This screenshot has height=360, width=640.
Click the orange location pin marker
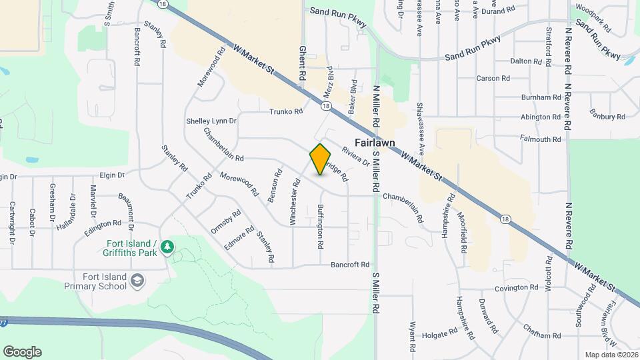[x=321, y=159]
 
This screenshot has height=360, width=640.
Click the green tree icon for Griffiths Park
[x=168, y=247]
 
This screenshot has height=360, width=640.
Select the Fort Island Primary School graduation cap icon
[x=137, y=281]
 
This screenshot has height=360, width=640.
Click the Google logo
[x=22, y=352]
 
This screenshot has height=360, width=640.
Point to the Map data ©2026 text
[x=611, y=354]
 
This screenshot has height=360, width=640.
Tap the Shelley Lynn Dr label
[x=211, y=121]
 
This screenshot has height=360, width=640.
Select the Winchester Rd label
[x=295, y=201]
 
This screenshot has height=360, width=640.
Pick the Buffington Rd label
[x=321, y=226]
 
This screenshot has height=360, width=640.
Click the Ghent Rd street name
[x=302, y=63]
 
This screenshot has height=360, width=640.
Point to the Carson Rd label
[x=493, y=78]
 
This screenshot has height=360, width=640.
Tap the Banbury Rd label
[x=607, y=117]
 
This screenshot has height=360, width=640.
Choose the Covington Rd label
[x=516, y=288]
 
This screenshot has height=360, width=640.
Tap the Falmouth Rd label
[x=541, y=139]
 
